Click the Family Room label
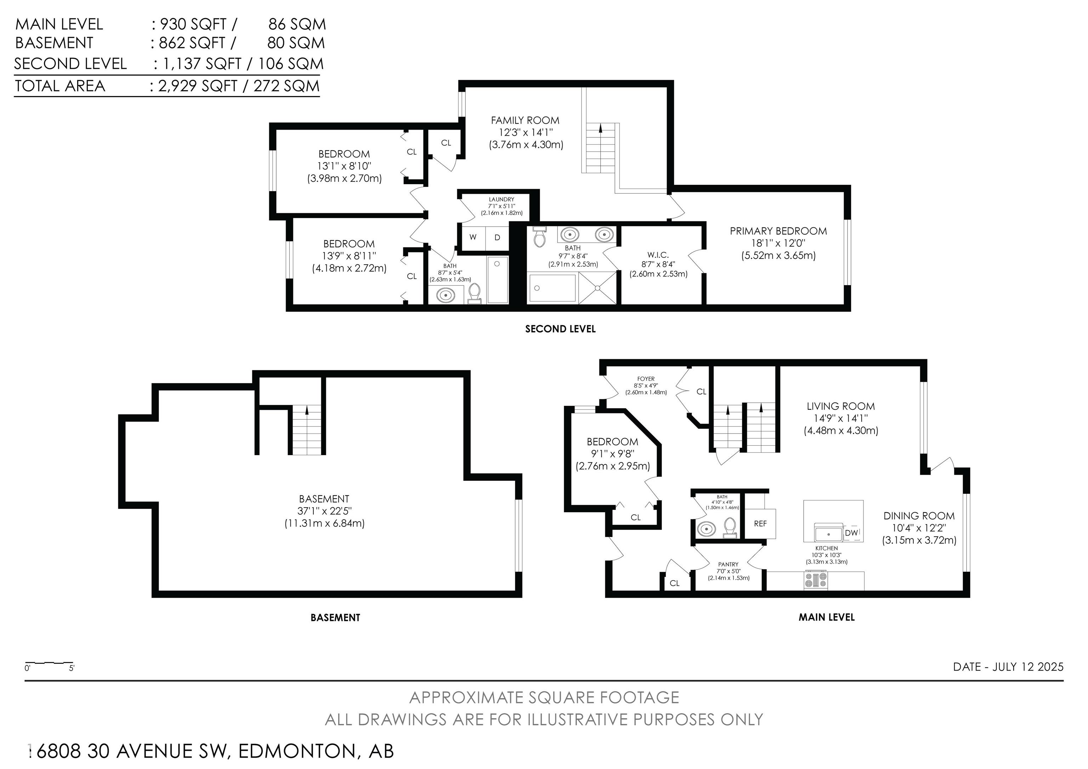click(x=525, y=120)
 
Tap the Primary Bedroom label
click(x=778, y=231)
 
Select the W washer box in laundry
click(x=473, y=237)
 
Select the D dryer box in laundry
click(x=497, y=237)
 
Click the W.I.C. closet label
click(x=658, y=255)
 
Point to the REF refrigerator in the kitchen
click(x=760, y=524)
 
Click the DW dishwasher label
click(x=851, y=533)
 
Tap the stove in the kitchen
click(x=816, y=581)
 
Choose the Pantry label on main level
click(x=728, y=564)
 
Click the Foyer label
click(x=646, y=379)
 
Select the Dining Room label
click(x=919, y=516)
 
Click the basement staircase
click(x=307, y=429)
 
